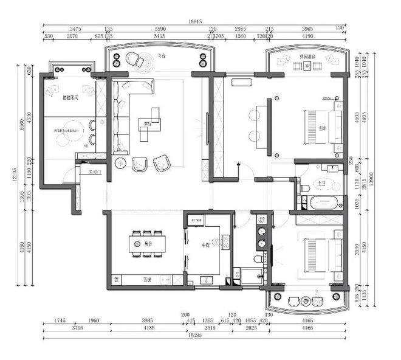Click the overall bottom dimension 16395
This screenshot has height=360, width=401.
coord(195,335)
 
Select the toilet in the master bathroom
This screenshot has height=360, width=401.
coord(303,187)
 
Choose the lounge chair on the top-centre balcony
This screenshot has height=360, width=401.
coord(133,60)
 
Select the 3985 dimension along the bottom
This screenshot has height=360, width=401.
coord(146,320)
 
